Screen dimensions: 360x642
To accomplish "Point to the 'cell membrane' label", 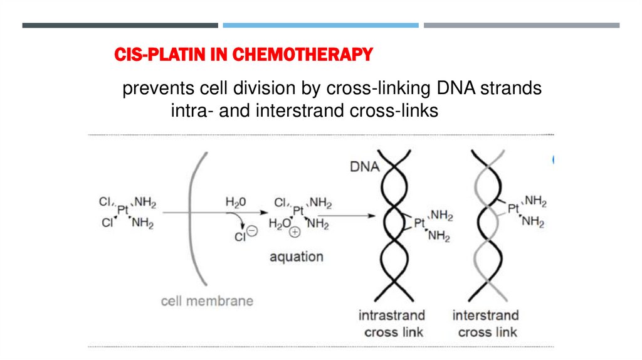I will click(x=207, y=300).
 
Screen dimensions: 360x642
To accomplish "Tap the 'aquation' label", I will click(x=297, y=257).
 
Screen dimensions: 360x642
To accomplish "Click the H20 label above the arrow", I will click(x=236, y=202).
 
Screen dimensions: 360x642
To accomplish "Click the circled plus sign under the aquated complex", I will click(x=295, y=231).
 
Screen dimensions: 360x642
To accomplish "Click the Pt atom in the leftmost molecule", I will click(x=124, y=211).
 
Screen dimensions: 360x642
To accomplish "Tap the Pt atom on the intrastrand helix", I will click(x=420, y=223).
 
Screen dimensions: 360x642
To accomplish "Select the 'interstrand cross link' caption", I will click(x=486, y=323).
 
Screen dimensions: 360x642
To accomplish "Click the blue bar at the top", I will click(x=320, y=25).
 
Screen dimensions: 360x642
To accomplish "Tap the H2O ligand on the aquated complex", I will click(x=280, y=224).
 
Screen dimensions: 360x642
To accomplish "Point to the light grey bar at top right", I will click(x=521, y=25).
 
